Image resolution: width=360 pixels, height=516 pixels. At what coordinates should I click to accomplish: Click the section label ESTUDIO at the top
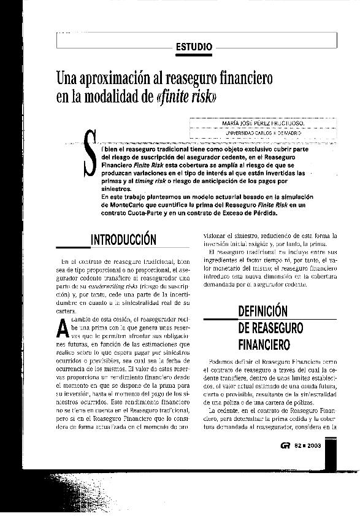(194, 46)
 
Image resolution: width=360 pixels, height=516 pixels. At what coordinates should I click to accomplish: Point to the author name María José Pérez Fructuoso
(264, 123)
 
